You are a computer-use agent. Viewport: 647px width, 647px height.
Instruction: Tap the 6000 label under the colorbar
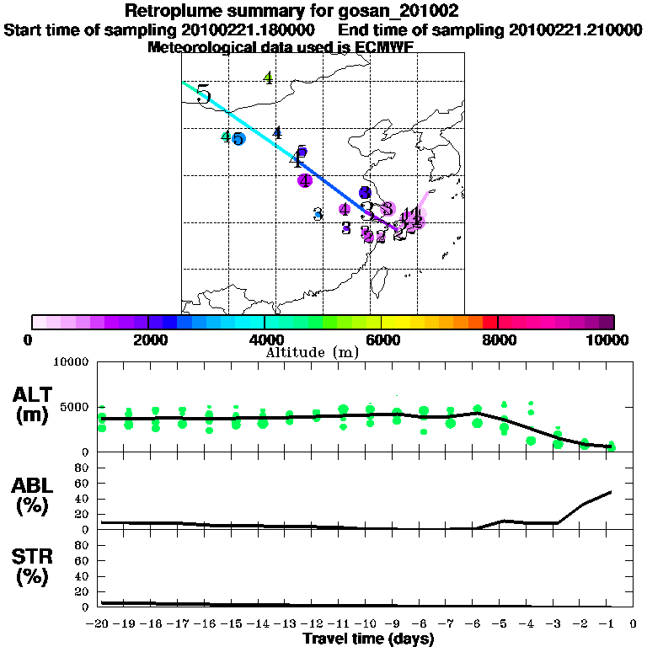pos(381,340)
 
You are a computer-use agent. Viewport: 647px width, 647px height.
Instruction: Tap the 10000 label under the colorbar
pos(610,340)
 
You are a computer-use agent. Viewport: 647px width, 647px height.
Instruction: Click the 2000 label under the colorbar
pos(148,340)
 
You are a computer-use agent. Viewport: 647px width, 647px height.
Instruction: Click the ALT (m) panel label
pos(33,404)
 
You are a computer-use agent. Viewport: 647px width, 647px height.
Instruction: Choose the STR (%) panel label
pos(33,567)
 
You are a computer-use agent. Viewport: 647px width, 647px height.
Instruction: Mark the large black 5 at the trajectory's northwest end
pos(203,94)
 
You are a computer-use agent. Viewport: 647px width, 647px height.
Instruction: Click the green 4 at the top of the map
pos(268,78)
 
